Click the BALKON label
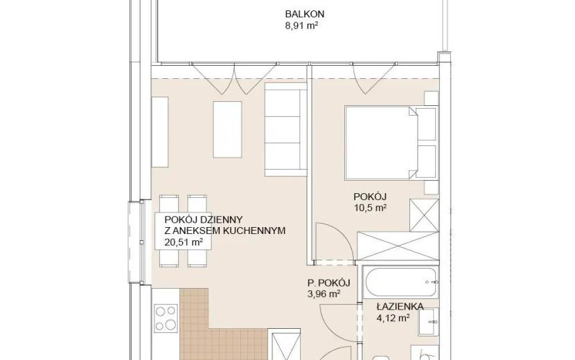pos(304,15)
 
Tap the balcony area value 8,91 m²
pos(301,26)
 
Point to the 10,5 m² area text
pos(370,208)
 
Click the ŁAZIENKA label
pos(400,307)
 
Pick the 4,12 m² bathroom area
pos(393,318)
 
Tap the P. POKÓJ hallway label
pos(328,282)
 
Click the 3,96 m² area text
pos(324,294)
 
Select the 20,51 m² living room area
pos(184,242)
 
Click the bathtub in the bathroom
pos(401,282)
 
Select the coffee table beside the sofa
pos(227,129)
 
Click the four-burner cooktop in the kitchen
pos(166,318)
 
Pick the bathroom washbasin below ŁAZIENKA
pos(429,321)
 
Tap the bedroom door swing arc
pos(341,235)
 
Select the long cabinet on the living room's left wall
pos(159,132)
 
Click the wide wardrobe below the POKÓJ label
pos(398,246)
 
